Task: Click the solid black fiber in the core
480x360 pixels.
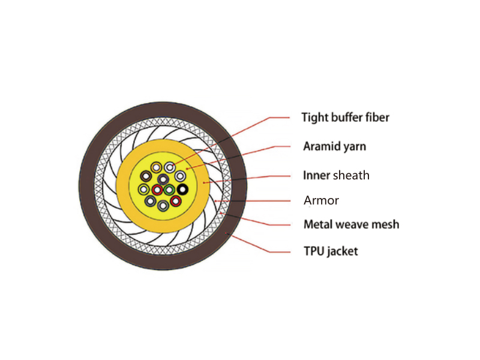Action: click(x=182, y=190)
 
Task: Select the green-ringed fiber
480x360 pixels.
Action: click(x=169, y=190)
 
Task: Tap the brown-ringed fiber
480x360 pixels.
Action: click(x=146, y=176)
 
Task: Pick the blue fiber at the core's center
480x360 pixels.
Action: click(x=163, y=179)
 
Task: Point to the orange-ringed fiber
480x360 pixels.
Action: click(x=156, y=167)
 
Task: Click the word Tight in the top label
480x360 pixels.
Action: click(x=314, y=118)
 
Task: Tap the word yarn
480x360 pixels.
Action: click(x=355, y=147)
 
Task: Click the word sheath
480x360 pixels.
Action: click(x=351, y=175)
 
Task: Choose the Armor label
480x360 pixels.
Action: click(x=321, y=200)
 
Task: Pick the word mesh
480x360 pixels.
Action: click(x=385, y=224)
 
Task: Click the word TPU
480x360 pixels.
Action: click(x=313, y=251)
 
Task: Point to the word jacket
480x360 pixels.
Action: click(x=342, y=251)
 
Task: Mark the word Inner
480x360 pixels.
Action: click(x=317, y=175)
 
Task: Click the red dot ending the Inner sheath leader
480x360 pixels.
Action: click(x=203, y=183)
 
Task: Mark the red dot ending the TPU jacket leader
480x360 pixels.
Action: click(x=226, y=233)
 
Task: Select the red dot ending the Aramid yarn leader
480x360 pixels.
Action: click(x=187, y=169)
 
